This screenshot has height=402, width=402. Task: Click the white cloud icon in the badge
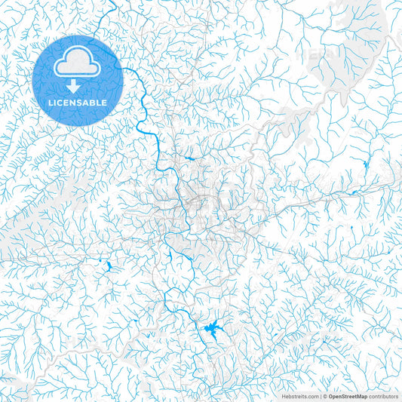pyautogui.click(x=78, y=66)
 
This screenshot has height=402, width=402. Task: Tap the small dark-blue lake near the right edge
pyautogui.click(x=366, y=164)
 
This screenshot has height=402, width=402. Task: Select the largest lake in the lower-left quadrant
pyautogui.click(x=108, y=266)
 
